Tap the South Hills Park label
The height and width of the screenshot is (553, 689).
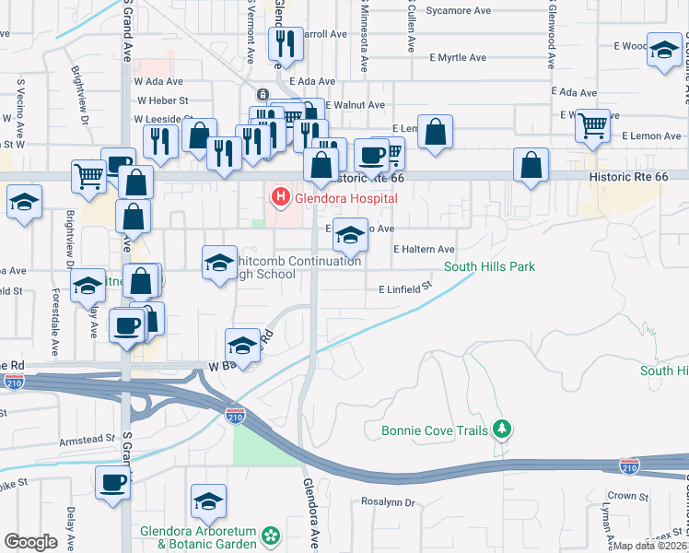489,267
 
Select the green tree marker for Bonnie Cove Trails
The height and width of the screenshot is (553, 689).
501,429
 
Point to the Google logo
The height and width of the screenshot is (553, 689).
30,542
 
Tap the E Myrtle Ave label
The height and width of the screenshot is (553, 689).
458,57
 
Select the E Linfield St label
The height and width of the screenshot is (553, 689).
405,288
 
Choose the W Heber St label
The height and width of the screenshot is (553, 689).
162,100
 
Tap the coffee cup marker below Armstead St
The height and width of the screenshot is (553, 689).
113,483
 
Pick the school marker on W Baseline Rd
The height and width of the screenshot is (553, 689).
242,344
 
